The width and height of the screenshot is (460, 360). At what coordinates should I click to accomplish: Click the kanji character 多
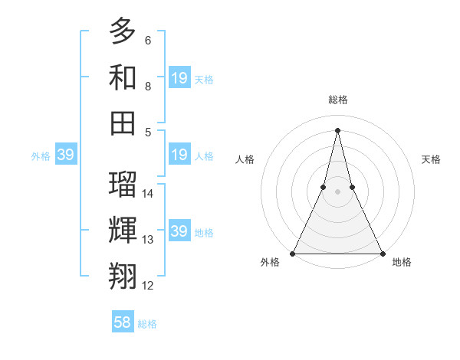click(123, 31)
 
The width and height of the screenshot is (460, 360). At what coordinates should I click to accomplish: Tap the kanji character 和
click(123, 77)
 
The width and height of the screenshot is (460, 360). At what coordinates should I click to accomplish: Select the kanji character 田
click(123, 123)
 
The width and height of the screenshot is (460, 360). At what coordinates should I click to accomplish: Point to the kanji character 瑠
click(123, 184)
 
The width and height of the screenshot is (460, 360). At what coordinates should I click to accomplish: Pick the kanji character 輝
click(123, 230)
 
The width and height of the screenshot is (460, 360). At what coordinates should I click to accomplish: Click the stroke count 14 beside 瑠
click(149, 194)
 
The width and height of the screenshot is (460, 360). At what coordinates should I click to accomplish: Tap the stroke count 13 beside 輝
click(149, 240)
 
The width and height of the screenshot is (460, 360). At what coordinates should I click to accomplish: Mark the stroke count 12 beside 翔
click(149, 286)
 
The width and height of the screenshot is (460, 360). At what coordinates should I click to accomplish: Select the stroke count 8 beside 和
click(148, 87)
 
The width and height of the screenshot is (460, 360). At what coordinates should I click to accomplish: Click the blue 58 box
click(123, 322)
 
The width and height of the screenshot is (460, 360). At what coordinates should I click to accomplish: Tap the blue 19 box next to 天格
click(179, 77)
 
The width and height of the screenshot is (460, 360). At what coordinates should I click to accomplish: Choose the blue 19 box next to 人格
click(179, 155)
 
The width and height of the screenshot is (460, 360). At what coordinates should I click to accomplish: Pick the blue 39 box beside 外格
click(65, 155)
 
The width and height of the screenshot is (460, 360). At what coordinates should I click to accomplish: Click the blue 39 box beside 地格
click(179, 231)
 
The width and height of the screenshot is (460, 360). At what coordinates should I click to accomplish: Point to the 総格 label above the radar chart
click(337, 100)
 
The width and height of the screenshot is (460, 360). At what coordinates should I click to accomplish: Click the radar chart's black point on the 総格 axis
click(337, 129)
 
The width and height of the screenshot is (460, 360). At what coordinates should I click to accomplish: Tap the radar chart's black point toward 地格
click(382, 254)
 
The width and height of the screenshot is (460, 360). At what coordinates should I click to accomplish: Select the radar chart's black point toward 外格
click(293, 254)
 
